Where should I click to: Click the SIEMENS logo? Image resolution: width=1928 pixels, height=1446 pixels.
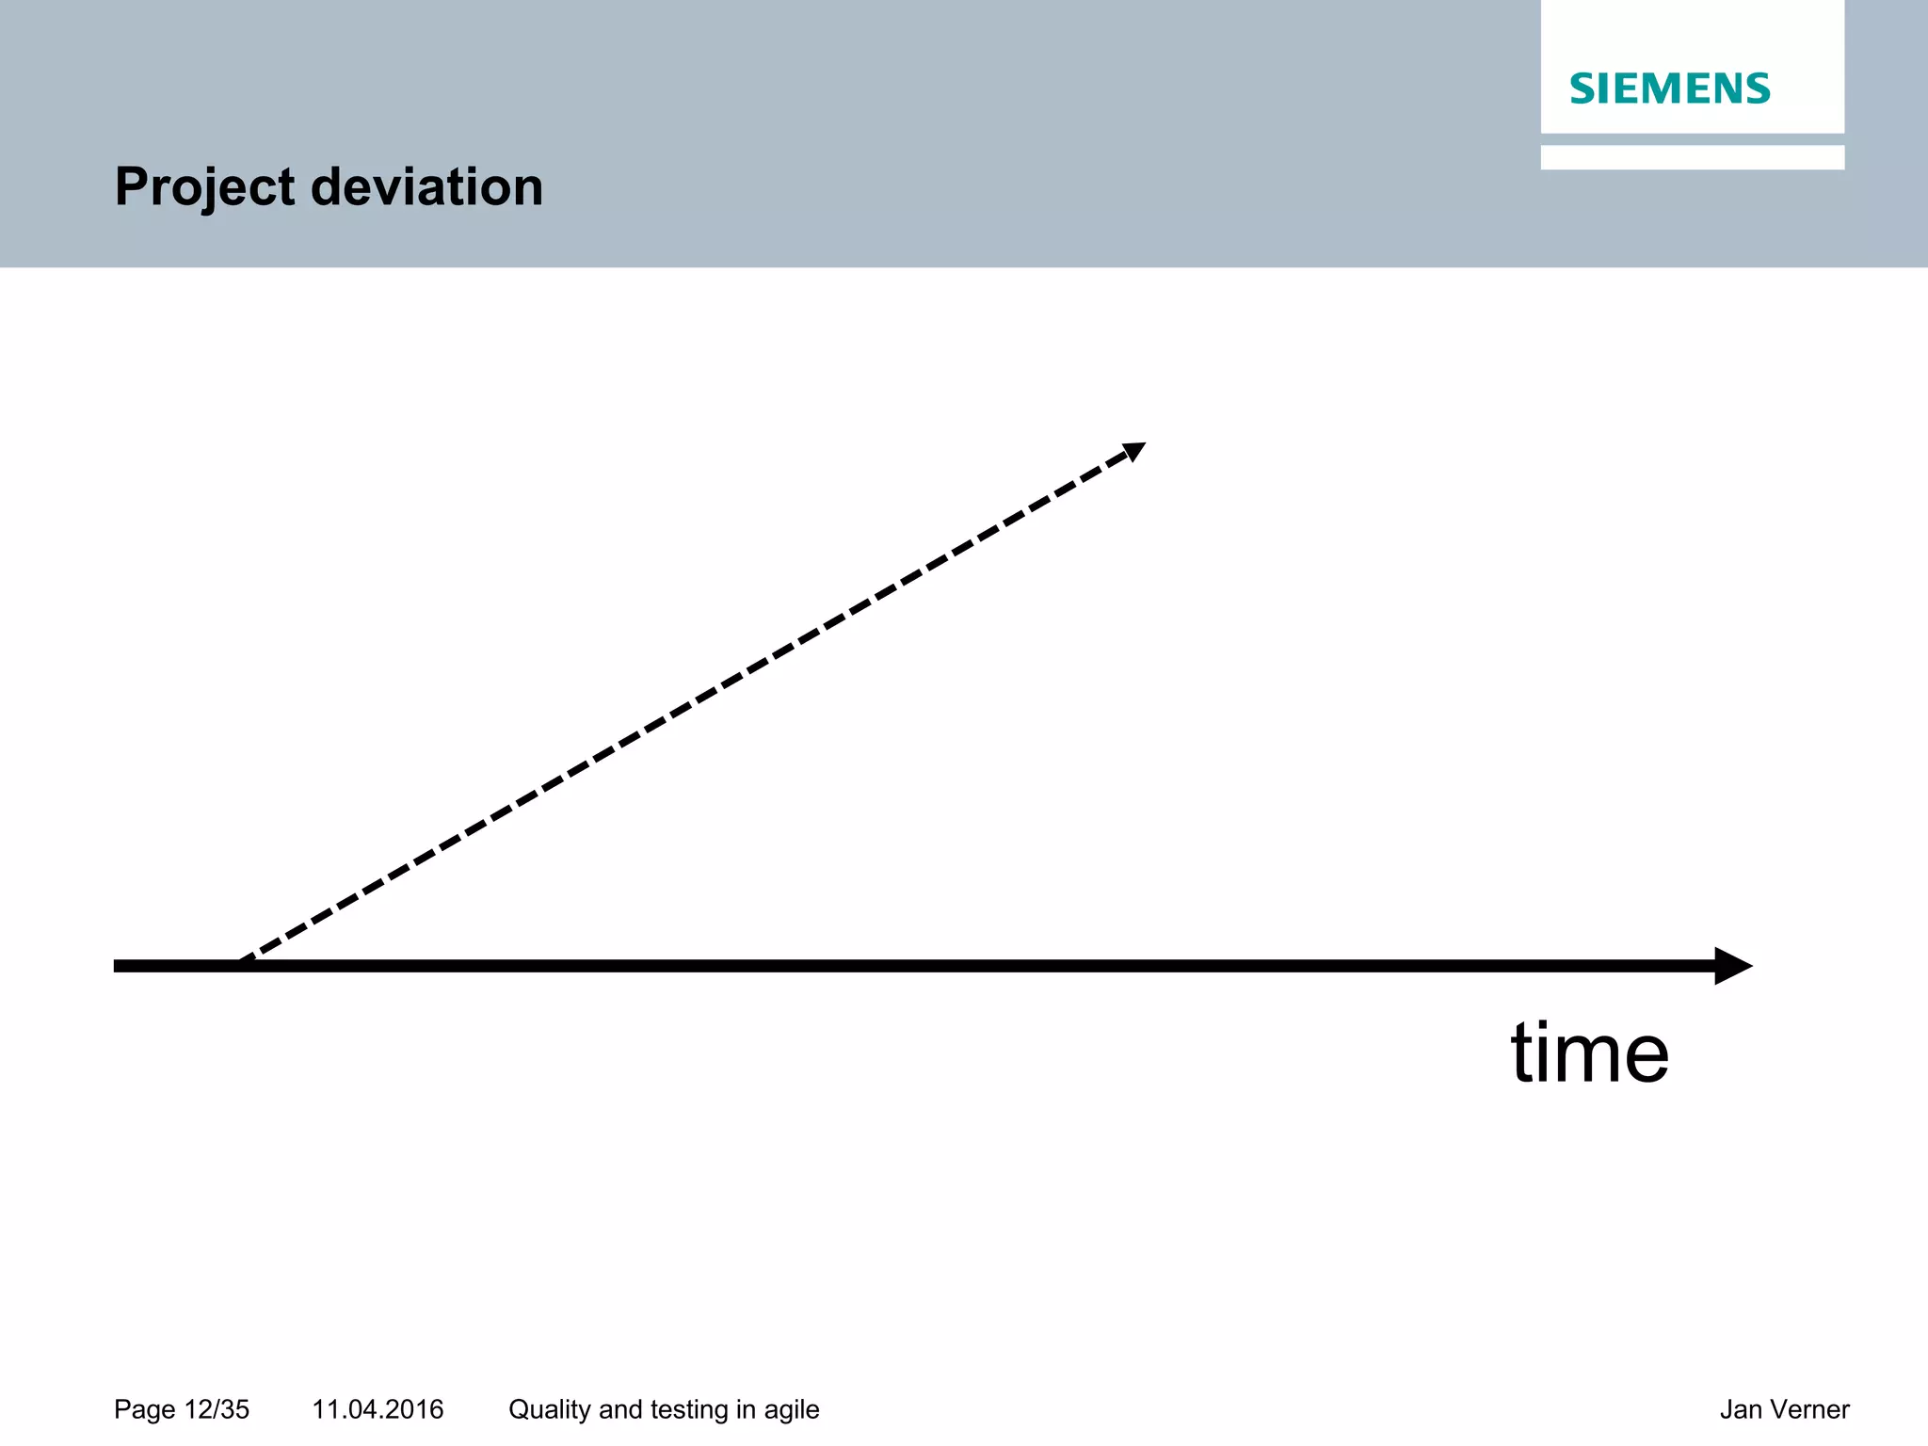pyautogui.click(x=1670, y=88)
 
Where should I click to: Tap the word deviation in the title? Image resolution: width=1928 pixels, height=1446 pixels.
pyautogui.click(x=426, y=186)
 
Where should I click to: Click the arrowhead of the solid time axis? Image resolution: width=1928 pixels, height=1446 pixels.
pyautogui.click(x=1732, y=966)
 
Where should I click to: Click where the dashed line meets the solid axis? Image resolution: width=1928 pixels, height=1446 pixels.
pyautogui.click(x=242, y=963)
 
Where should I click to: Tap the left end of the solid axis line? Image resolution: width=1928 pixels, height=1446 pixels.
pyautogui.click(x=118, y=966)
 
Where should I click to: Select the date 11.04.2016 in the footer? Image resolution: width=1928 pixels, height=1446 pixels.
pyautogui.click(x=378, y=1409)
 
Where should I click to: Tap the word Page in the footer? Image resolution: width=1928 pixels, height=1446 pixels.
pyautogui.click(x=145, y=1409)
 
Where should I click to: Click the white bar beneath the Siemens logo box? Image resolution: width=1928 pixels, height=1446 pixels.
pyautogui.click(x=1692, y=157)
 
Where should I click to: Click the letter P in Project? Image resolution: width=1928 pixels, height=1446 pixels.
pyautogui.click(x=132, y=186)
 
